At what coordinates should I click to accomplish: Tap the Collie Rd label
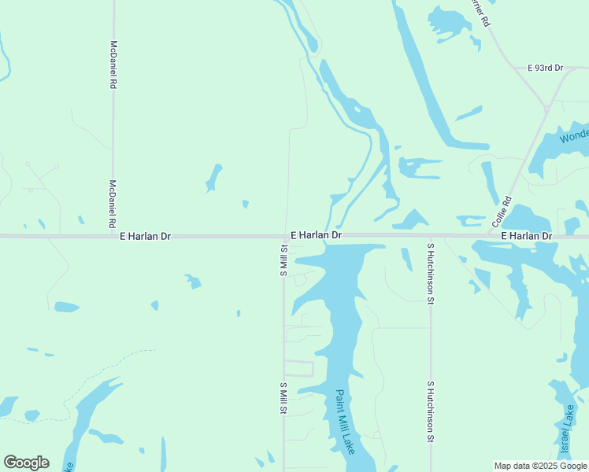point(502,212)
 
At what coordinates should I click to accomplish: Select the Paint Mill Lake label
point(345,422)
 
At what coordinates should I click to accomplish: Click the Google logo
point(26,463)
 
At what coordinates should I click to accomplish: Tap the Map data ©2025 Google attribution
point(540,466)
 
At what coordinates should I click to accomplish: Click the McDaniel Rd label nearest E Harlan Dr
point(113,203)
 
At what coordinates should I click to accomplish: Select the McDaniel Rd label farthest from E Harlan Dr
point(113,64)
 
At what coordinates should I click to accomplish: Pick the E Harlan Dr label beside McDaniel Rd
point(145,236)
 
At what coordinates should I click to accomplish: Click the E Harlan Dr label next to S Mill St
point(316,235)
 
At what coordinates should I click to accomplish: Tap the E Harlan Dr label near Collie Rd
point(527,236)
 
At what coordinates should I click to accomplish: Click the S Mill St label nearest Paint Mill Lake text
point(283,398)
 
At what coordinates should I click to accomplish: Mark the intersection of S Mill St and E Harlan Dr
point(284,236)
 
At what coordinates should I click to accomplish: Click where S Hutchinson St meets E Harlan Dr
point(431,235)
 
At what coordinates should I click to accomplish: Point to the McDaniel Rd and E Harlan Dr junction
point(113,236)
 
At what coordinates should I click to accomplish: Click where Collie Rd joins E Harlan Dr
point(495,235)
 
